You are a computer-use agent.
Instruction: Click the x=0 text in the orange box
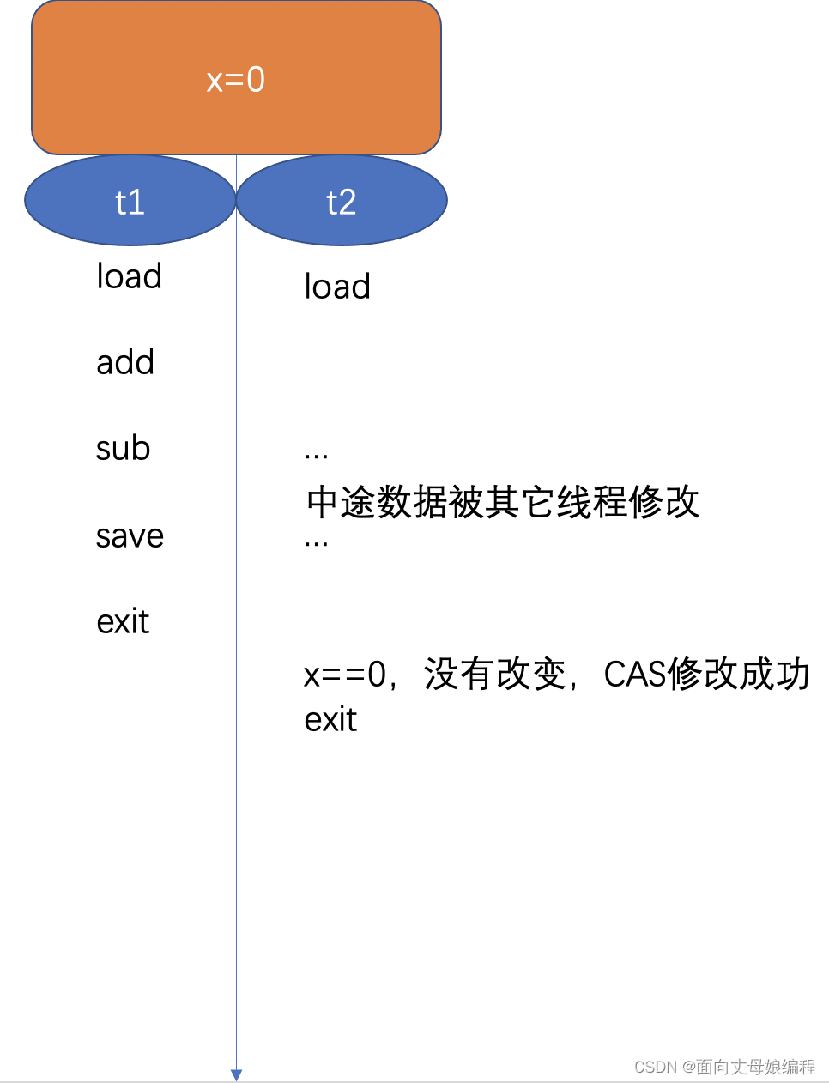pyautogui.click(x=236, y=80)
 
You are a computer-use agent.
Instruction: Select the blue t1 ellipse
pyautogui.click(x=130, y=201)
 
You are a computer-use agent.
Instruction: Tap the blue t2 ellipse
pyautogui.click(x=342, y=201)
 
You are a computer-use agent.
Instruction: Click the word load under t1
pyautogui.click(x=130, y=276)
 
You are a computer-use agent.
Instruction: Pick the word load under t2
pyautogui.click(x=337, y=287)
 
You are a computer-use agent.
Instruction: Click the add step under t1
pyautogui.click(x=125, y=362)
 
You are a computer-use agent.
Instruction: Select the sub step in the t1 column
pyautogui.click(x=124, y=448)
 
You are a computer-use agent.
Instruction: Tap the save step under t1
pyautogui.click(x=130, y=536)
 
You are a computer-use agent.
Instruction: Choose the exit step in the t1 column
pyautogui.click(x=123, y=621)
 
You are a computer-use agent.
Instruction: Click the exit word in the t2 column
pyautogui.click(x=330, y=719)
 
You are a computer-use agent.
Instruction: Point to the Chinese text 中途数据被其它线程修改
pyautogui.click(x=503, y=502)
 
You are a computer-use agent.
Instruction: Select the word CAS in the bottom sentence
pyautogui.click(x=635, y=675)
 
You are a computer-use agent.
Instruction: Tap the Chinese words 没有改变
pyautogui.click(x=495, y=675)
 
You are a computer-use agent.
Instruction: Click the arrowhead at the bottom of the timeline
pyautogui.click(x=236, y=1074)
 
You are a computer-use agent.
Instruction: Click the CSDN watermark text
pyautogui.click(x=656, y=1067)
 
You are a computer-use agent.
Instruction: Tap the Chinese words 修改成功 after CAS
pyautogui.click(x=739, y=675)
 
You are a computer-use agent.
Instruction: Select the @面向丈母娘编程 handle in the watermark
pyautogui.click(x=748, y=1067)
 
